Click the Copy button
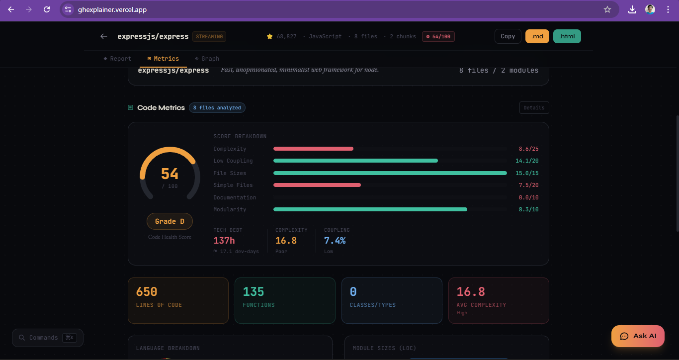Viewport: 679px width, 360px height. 508,36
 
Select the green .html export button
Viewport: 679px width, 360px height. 567,36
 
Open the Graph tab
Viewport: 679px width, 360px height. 207,59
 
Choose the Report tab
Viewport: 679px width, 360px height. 118,59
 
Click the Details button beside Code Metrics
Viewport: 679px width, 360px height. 534,107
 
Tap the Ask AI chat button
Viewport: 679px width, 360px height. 638,336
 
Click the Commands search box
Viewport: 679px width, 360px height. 48,338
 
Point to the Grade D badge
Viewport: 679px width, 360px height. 170,221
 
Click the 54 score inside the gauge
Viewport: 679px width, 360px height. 170,174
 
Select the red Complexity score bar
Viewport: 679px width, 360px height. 313,149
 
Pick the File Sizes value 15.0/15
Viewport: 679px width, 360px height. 528,173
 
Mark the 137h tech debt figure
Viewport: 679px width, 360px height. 224,241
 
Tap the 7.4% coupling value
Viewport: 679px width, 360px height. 335,241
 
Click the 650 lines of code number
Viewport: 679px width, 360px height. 147,292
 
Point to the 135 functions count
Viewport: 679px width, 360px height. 254,292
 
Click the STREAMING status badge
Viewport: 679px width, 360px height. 210,36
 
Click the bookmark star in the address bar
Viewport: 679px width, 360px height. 607,9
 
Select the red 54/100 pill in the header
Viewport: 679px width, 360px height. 438,36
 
